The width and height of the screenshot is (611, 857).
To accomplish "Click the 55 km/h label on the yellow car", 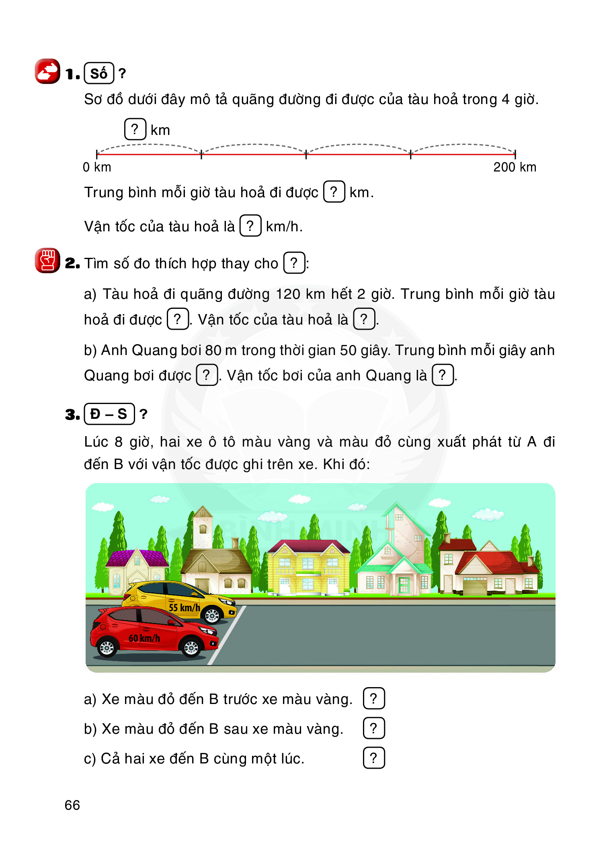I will tap(184, 607).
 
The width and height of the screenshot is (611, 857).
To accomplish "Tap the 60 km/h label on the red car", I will tap(144, 638).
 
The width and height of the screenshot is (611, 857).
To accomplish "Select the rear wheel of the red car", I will tap(107, 647).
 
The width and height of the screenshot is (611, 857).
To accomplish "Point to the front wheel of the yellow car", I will tap(212, 615).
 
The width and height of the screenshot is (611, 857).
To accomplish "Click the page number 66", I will tap(72, 805).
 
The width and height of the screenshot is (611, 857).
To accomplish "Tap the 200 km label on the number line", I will tap(515, 167).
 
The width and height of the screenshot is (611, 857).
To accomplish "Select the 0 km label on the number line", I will tap(97, 167).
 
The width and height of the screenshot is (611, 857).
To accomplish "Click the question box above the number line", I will tap(135, 129).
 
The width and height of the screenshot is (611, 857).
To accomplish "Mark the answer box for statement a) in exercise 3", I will tap(374, 699).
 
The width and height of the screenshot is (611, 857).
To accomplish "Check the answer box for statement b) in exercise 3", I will tap(374, 728).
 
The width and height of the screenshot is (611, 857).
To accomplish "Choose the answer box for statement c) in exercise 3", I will tap(374, 758).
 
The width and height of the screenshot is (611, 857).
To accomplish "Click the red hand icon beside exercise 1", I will tap(47, 71).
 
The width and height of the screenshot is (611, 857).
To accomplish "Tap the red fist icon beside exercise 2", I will tap(47, 260).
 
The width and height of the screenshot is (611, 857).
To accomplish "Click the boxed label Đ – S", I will tap(109, 414).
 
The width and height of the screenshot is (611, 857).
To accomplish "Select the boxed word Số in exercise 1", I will tap(99, 73).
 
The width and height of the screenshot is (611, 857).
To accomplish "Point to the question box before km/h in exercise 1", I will tap(250, 226).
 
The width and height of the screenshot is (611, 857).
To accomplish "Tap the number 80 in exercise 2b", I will tap(213, 350).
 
